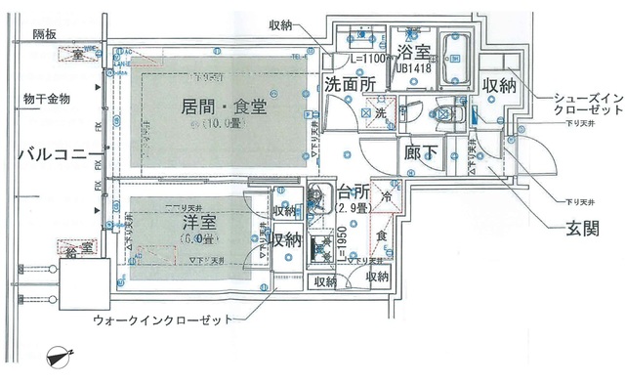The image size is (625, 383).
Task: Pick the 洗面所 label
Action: pyautogui.click(x=352, y=85)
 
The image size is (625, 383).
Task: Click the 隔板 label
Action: pyautogui.click(x=46, y=34)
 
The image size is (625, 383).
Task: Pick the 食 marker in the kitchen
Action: pyautogui.click(x=383, y=234)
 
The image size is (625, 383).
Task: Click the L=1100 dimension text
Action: pyautogui.click(x=364, y=60)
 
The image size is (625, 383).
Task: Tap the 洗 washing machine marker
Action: pyautogui.click(x=380, y=114)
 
